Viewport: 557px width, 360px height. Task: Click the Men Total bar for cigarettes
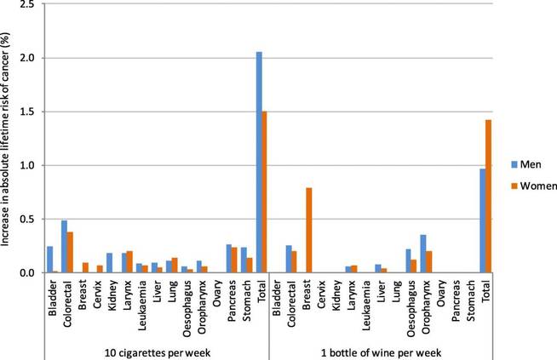259,162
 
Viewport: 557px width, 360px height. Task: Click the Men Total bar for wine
482,220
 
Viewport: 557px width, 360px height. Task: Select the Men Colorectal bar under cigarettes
65,246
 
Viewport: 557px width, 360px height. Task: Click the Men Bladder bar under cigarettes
50,259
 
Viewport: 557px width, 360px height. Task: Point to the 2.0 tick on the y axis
36,58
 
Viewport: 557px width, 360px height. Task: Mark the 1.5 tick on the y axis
36,111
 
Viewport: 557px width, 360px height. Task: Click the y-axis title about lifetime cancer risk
8,136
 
